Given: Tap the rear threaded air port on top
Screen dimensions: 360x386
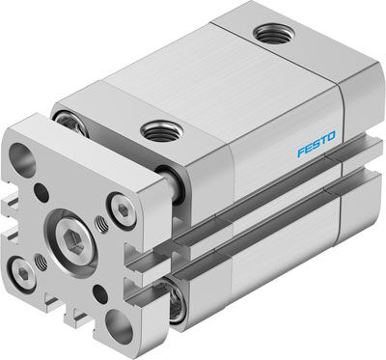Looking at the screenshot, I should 274,35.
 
